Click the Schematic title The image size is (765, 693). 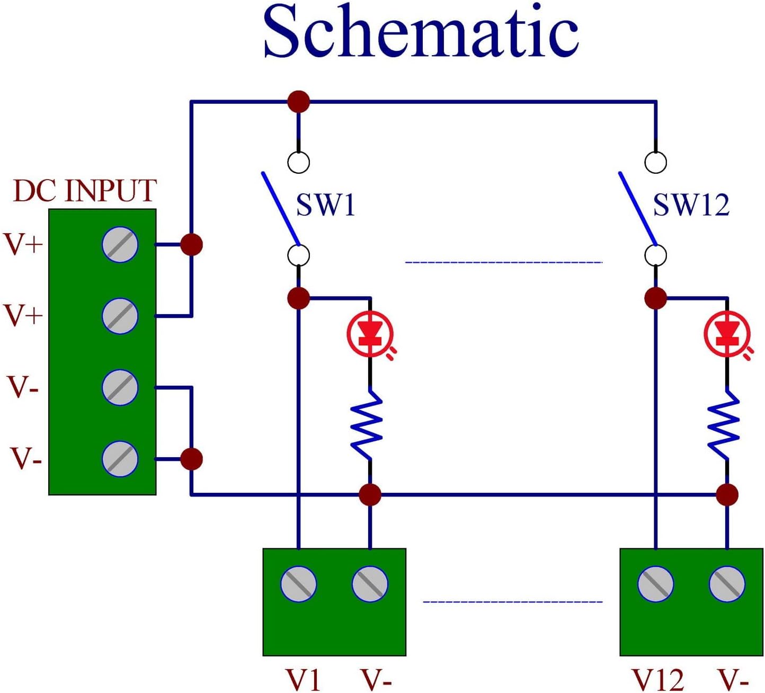(421, 32)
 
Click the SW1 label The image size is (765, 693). (325, 205)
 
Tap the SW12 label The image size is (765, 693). (691, 205)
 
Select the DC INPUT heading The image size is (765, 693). (85, 191)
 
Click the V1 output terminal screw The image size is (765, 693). (299, 584)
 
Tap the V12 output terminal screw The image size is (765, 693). (656, 584)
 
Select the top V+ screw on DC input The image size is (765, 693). (120, 245)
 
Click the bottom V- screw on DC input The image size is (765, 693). (120, 458)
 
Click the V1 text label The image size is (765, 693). (303, 680)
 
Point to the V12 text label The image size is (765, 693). (658, 680)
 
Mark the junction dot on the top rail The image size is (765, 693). (299, 101)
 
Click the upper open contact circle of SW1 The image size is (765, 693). (299, 162)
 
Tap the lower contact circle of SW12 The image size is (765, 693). (656, 255)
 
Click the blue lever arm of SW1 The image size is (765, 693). (280, 207)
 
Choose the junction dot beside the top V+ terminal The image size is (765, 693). (191, 245)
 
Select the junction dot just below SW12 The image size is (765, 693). (656, 298)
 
